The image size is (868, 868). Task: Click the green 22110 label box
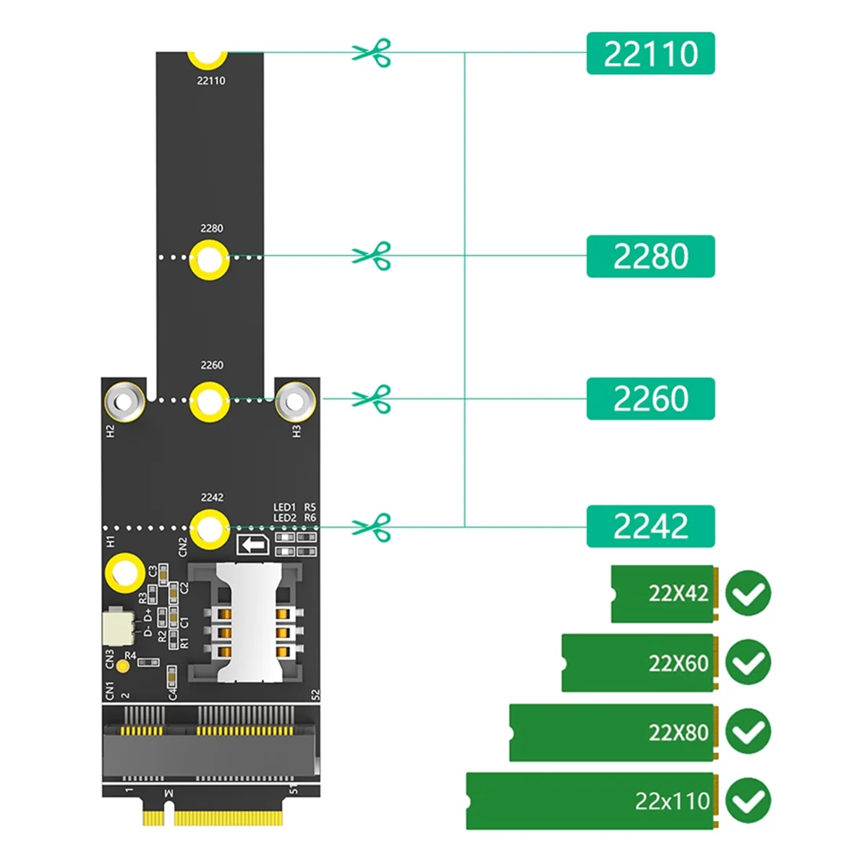(x=650, y=54)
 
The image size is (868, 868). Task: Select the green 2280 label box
(x=650, y=256)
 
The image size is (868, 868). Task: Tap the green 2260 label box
(x=650, y=399)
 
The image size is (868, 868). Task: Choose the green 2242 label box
(x=650, y=526)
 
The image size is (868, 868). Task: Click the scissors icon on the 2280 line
(x=372, y=256)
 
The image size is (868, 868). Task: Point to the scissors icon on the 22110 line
(x=372, y=53)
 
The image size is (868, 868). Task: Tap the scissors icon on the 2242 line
(x=372, y=527)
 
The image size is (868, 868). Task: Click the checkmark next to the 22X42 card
(x=748, y=594)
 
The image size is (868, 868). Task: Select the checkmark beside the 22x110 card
(x=748, y=801)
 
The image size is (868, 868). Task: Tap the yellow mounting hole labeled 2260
(x=210, y=401)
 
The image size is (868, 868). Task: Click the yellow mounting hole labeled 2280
(x=210, y=259)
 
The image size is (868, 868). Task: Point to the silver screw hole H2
(x=124, y=400)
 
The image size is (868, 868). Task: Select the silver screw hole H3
(x=295, y=400)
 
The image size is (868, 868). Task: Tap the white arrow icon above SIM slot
(x=253, y=545)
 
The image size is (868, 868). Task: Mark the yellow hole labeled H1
(x=125, y=574)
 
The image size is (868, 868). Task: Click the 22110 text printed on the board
(x=211, y=81)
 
